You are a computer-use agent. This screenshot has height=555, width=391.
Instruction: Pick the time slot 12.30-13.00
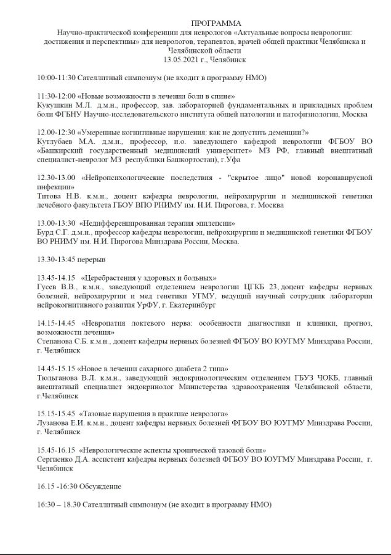pyautogui.click(x=56, y=178)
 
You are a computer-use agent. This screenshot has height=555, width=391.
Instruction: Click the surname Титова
pyautogui.click(x=50, y=195)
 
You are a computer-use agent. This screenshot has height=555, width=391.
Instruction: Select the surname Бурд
pyautogui.click(x=46, y=232)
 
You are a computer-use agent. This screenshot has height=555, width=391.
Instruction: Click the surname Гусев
pyautogui.click(x=48, y=287)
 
